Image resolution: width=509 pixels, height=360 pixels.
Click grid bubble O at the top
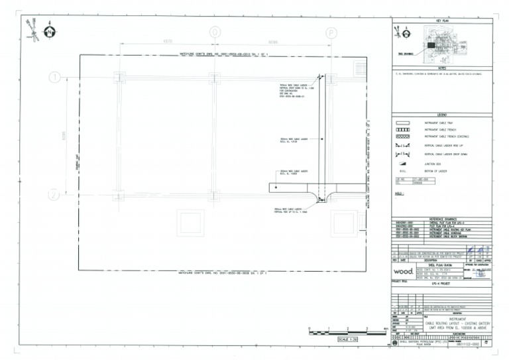click(215, 32)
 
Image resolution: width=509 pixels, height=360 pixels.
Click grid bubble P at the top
click(331, 32)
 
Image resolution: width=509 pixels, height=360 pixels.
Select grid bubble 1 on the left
click(54, 78)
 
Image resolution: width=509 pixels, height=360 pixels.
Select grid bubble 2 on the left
click(54, 195)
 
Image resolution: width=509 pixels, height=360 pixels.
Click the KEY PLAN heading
click(443, 21)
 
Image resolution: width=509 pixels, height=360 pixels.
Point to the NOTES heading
click(443, 68)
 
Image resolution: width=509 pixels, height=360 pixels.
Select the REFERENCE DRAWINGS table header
click(443, 217)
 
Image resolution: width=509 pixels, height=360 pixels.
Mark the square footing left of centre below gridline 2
click(190, 223)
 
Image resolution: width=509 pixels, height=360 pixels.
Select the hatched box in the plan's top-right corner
click(360, 68)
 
